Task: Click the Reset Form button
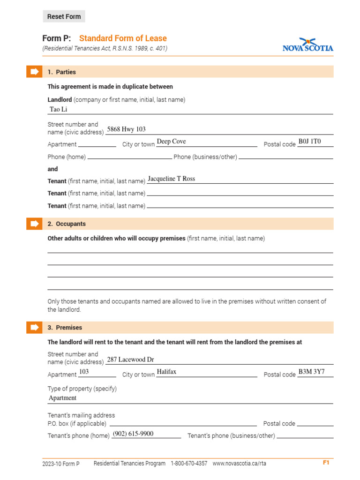64,16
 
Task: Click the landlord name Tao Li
59,109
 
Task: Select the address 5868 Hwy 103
126,129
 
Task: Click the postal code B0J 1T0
310,142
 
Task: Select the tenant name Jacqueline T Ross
171,179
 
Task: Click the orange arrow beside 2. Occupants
34,224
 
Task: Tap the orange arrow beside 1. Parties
34,72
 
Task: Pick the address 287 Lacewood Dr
130,360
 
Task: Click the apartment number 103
84,372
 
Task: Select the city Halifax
166,372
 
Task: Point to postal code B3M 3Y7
311,372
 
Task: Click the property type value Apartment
63,398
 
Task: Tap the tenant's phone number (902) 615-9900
133,434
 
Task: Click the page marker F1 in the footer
326,463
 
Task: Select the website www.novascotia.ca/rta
239,464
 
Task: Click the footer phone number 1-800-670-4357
189,464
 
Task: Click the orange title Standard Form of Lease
123,38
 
